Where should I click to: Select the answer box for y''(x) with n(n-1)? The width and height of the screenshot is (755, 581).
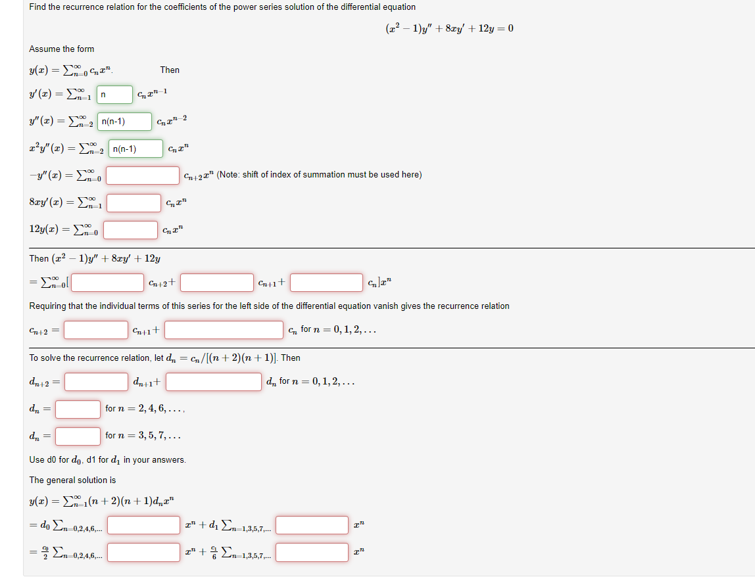124,122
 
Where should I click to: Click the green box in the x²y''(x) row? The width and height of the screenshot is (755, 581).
135,149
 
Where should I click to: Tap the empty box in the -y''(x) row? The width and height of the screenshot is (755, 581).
143,175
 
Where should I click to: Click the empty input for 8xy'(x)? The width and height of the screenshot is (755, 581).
134,202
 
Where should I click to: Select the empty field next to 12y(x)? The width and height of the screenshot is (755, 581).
130,230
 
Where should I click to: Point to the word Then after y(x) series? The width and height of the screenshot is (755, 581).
170,70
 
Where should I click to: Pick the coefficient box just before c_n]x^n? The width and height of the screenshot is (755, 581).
326,283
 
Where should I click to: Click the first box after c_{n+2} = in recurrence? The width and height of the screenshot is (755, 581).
96,329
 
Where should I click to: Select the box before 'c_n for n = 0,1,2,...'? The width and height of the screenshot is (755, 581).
224,329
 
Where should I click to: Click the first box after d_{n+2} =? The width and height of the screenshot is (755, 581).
96,382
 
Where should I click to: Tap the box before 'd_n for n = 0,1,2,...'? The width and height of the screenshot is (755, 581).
214,382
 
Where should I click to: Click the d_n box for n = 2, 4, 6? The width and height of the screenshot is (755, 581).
78,409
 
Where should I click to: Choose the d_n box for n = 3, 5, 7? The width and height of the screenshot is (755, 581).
78,436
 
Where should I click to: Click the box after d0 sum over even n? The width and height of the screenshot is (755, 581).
143,525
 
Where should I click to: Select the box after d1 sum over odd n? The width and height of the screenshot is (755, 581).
312,525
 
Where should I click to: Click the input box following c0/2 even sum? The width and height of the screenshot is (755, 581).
143,552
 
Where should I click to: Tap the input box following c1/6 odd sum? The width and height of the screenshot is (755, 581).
312,552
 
